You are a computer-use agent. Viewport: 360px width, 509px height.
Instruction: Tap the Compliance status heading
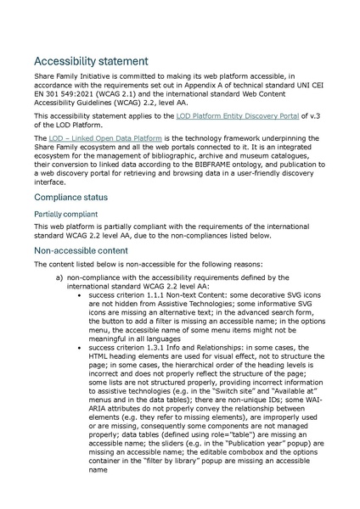pos(77,197)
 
